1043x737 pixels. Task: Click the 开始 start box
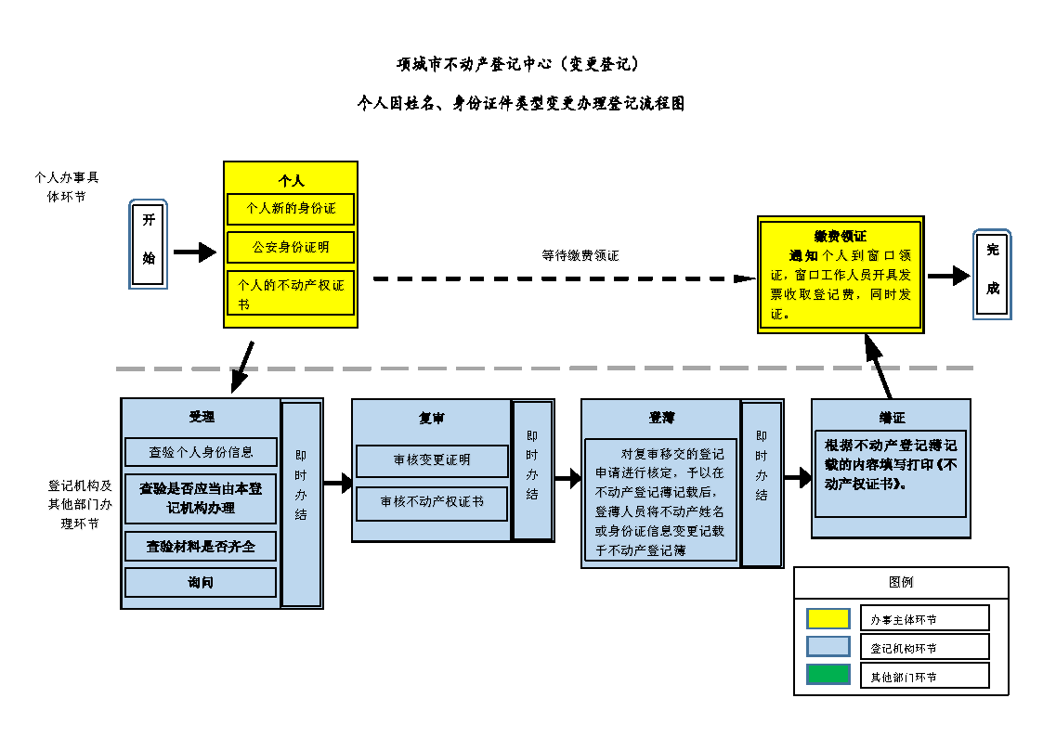149,244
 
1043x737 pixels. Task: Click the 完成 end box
992,274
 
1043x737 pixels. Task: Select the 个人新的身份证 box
291,209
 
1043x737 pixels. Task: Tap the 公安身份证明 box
291,248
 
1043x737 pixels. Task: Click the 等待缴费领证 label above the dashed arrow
580,255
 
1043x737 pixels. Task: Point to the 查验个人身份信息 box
201,452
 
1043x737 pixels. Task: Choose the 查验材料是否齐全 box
201,547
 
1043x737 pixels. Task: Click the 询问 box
201,583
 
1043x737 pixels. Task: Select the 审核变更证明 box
432,460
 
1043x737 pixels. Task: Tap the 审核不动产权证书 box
432,502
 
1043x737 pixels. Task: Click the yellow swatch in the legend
828,618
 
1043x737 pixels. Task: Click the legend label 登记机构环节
903,648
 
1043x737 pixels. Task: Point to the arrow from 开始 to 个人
194,252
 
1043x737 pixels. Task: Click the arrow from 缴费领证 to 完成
948,276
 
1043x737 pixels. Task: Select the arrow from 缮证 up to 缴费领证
878,367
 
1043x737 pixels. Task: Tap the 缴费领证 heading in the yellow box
840,236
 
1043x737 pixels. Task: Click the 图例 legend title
900,582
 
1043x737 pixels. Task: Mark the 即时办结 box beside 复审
532,471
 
